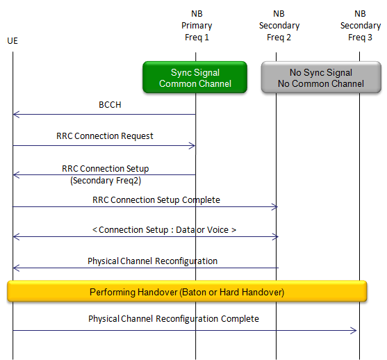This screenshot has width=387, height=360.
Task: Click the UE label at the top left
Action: click(x=13, y=41)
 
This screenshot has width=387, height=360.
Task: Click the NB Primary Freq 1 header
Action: click(x=197, y=26)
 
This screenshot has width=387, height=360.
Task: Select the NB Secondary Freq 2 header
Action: click(x=279, y=26)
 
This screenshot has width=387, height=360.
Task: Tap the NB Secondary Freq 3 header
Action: click(x=361, y=26)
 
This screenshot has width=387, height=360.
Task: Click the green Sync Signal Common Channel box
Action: click(x=195, y=77)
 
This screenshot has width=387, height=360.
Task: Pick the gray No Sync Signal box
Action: click(x=321, y=77)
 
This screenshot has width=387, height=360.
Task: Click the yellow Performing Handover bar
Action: click(x=187, y=291)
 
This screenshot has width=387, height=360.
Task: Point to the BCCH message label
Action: click(x=110, y=105)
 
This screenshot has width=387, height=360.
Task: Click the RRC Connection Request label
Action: click(x=105, y=136)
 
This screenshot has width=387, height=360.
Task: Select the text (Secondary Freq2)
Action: click(x=106, y=181)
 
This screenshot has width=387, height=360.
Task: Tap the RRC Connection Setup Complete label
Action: click(x=156, y=200)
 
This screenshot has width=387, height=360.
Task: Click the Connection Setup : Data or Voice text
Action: click(x=164, y=230)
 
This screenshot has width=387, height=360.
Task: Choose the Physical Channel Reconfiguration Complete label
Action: click(x=174, y=319)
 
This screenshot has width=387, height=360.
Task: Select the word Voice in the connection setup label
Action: click(x=217, y=230)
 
